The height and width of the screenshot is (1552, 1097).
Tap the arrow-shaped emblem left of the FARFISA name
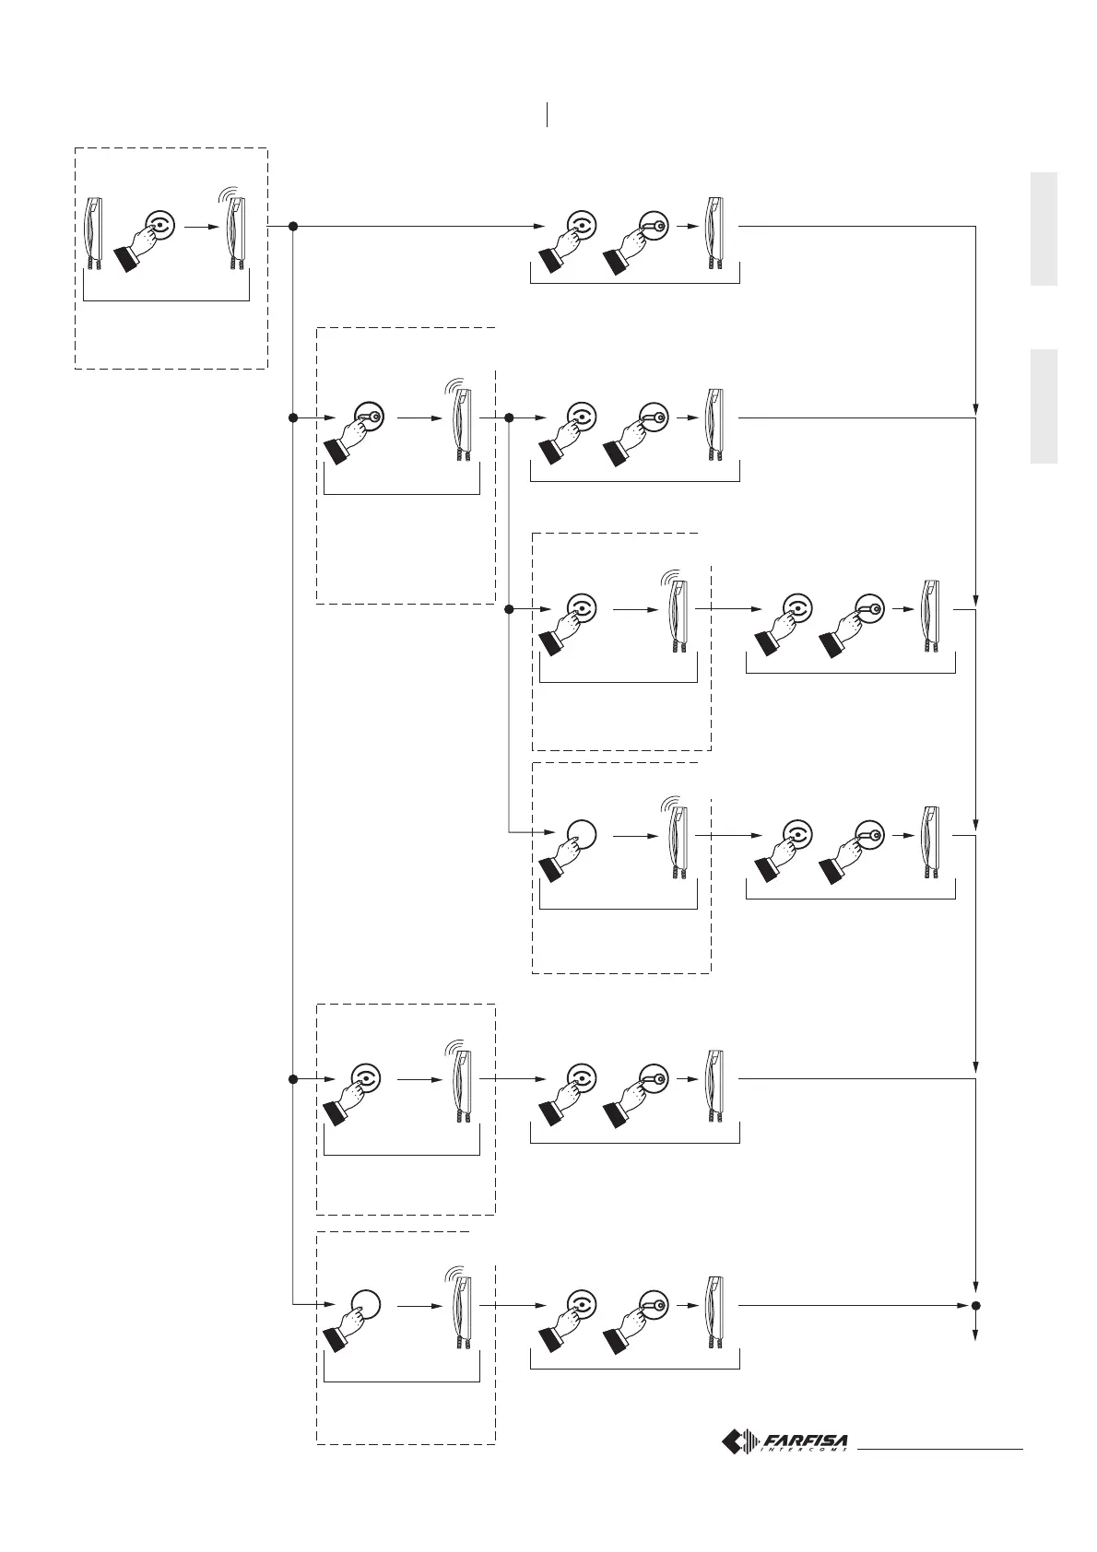pyautogui.click(x=738, y=1441)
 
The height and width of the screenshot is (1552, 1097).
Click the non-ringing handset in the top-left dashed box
pyautogui.click(x=95, y=234)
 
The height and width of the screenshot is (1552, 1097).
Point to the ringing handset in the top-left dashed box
pyautogui.click(x=237, y=234)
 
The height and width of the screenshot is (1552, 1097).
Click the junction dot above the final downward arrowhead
pyautogui.click(x=975, y=1305)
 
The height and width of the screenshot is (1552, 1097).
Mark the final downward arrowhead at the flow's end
pyautogui.click(x=975, y=1340)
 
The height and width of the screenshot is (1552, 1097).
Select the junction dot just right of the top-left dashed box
pyautogui.click(x=292, y=226)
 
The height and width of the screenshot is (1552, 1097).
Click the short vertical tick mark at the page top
pyautogui.click(x=548, y=114)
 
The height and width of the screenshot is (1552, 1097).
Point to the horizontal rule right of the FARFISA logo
pyautogui.click(x=940, y=1450)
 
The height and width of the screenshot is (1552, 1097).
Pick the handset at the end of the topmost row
pyautogui.click(x=715, y=234)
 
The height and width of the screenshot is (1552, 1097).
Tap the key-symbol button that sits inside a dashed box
pyautogui.click(x=369, y=417)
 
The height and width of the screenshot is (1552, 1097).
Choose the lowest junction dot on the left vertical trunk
pyautogui.click(x=292, y=1078)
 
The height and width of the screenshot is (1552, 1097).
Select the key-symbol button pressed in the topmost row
pyautogui.click(x=653, y=226)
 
